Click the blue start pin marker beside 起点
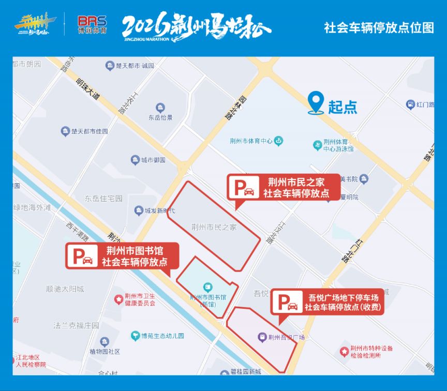[316, 102]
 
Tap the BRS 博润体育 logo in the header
[92, 25]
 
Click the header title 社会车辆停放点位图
[379, 27]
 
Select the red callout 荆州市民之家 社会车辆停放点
[284, 187]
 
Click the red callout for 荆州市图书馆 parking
[122, 256]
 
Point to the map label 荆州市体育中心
[251, 141]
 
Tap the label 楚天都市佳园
[85, 131]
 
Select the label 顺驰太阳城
[65, 289]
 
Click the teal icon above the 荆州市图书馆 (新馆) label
[207, 287]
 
